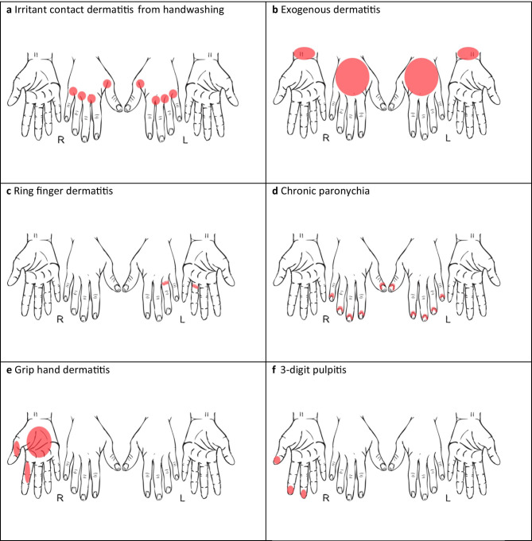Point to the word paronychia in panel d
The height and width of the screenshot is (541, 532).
(x=338, y=190)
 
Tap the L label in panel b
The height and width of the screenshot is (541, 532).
(x=448, y=137)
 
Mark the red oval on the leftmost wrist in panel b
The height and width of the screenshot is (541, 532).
(x=305, y=52)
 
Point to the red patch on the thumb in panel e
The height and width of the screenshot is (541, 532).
(x=17, y=448)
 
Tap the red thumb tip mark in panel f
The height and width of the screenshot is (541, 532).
(x=276, y=460)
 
